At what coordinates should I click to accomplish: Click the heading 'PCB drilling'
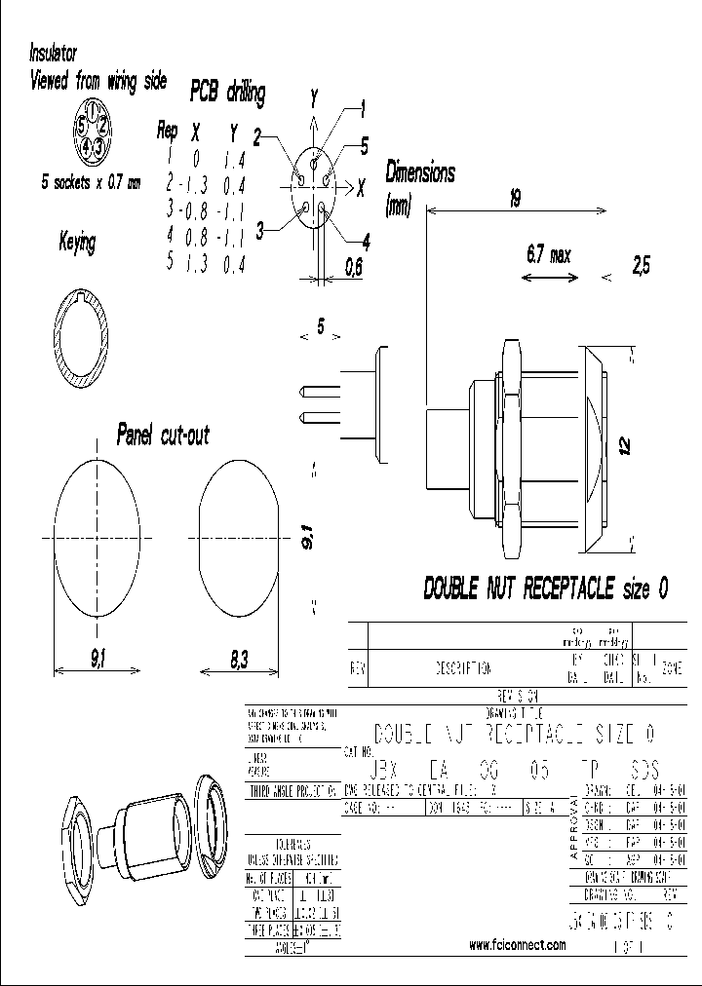226,94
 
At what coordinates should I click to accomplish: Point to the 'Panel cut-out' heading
163,434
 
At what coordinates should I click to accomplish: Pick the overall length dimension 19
514,199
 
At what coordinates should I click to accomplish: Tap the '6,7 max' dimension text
547,255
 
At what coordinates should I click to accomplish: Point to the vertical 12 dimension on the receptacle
625,445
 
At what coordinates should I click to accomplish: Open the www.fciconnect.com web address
518,945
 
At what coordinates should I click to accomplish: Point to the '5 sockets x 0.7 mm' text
91,181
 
